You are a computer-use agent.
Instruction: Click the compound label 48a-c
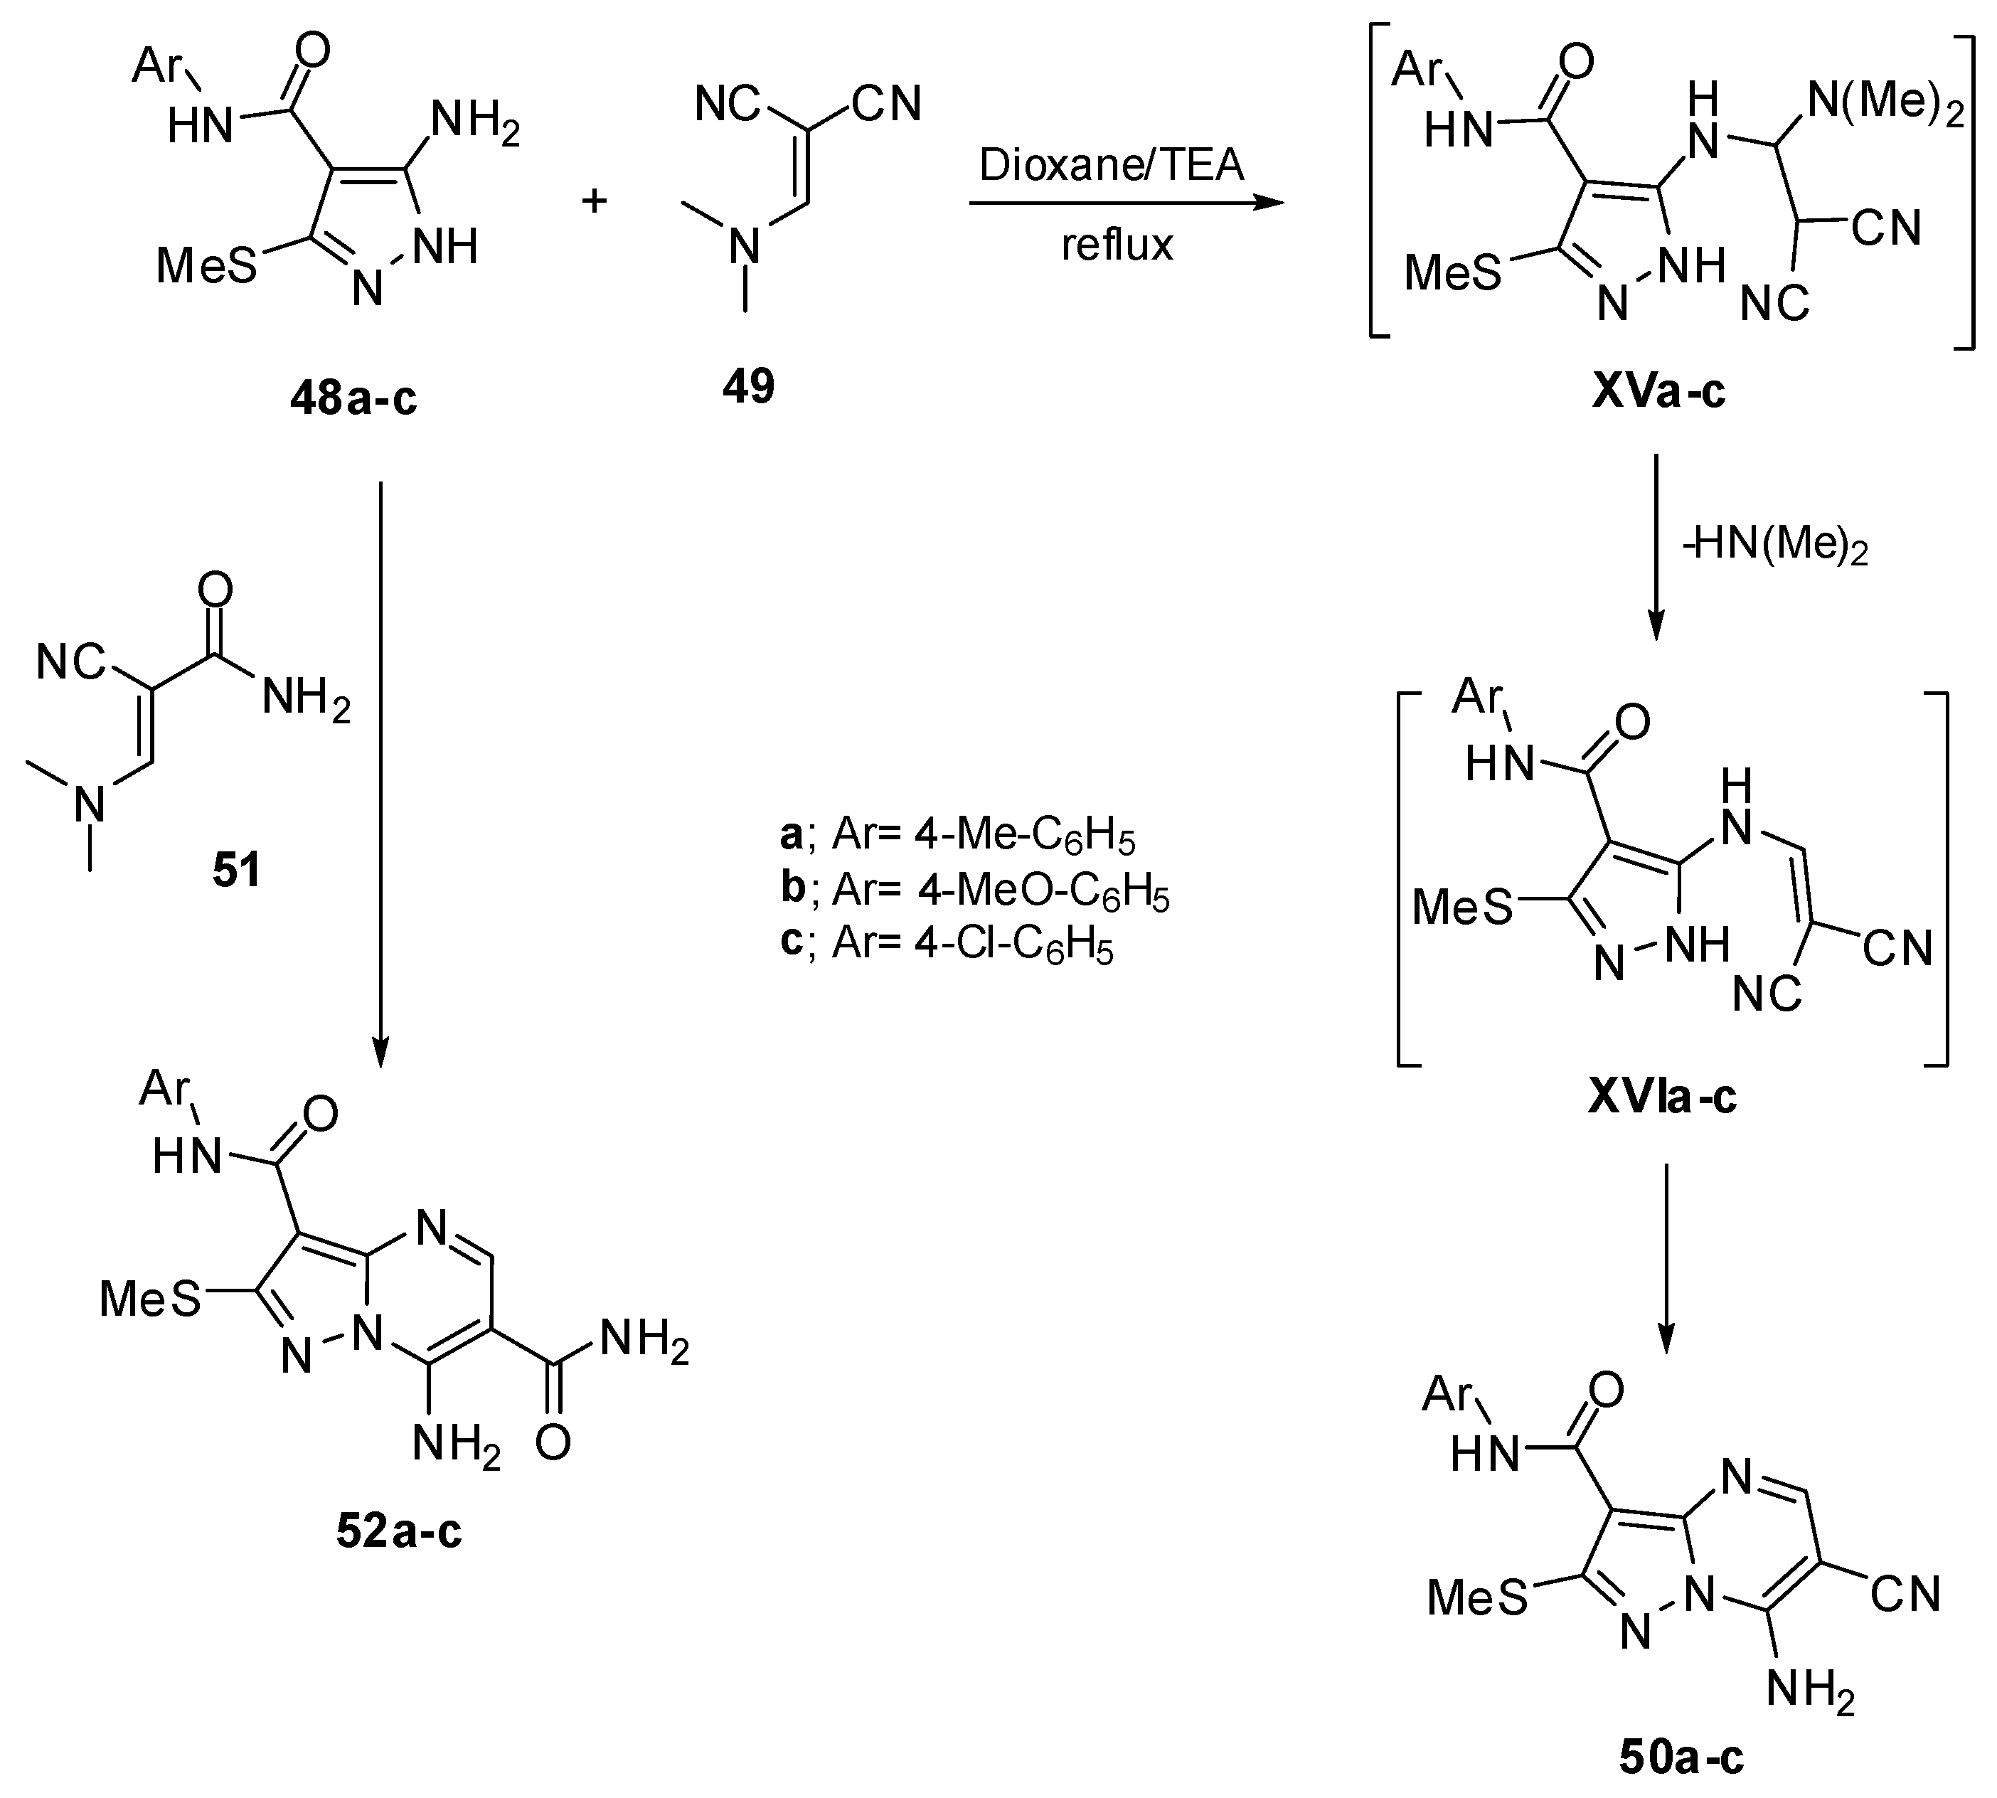353,398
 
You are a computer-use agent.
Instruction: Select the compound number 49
747,386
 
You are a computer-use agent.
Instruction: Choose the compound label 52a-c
398,1531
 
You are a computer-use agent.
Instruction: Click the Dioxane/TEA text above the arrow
1111,165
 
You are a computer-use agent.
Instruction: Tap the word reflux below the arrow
1117,244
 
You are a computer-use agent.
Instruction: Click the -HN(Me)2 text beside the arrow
1775,546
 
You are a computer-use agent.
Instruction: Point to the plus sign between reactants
594,201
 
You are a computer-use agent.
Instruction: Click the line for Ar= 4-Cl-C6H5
946,945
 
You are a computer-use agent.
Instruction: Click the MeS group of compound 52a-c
150,1300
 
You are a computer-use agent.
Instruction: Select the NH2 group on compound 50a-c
1809,1691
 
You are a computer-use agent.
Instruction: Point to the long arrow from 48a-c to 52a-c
380,770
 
